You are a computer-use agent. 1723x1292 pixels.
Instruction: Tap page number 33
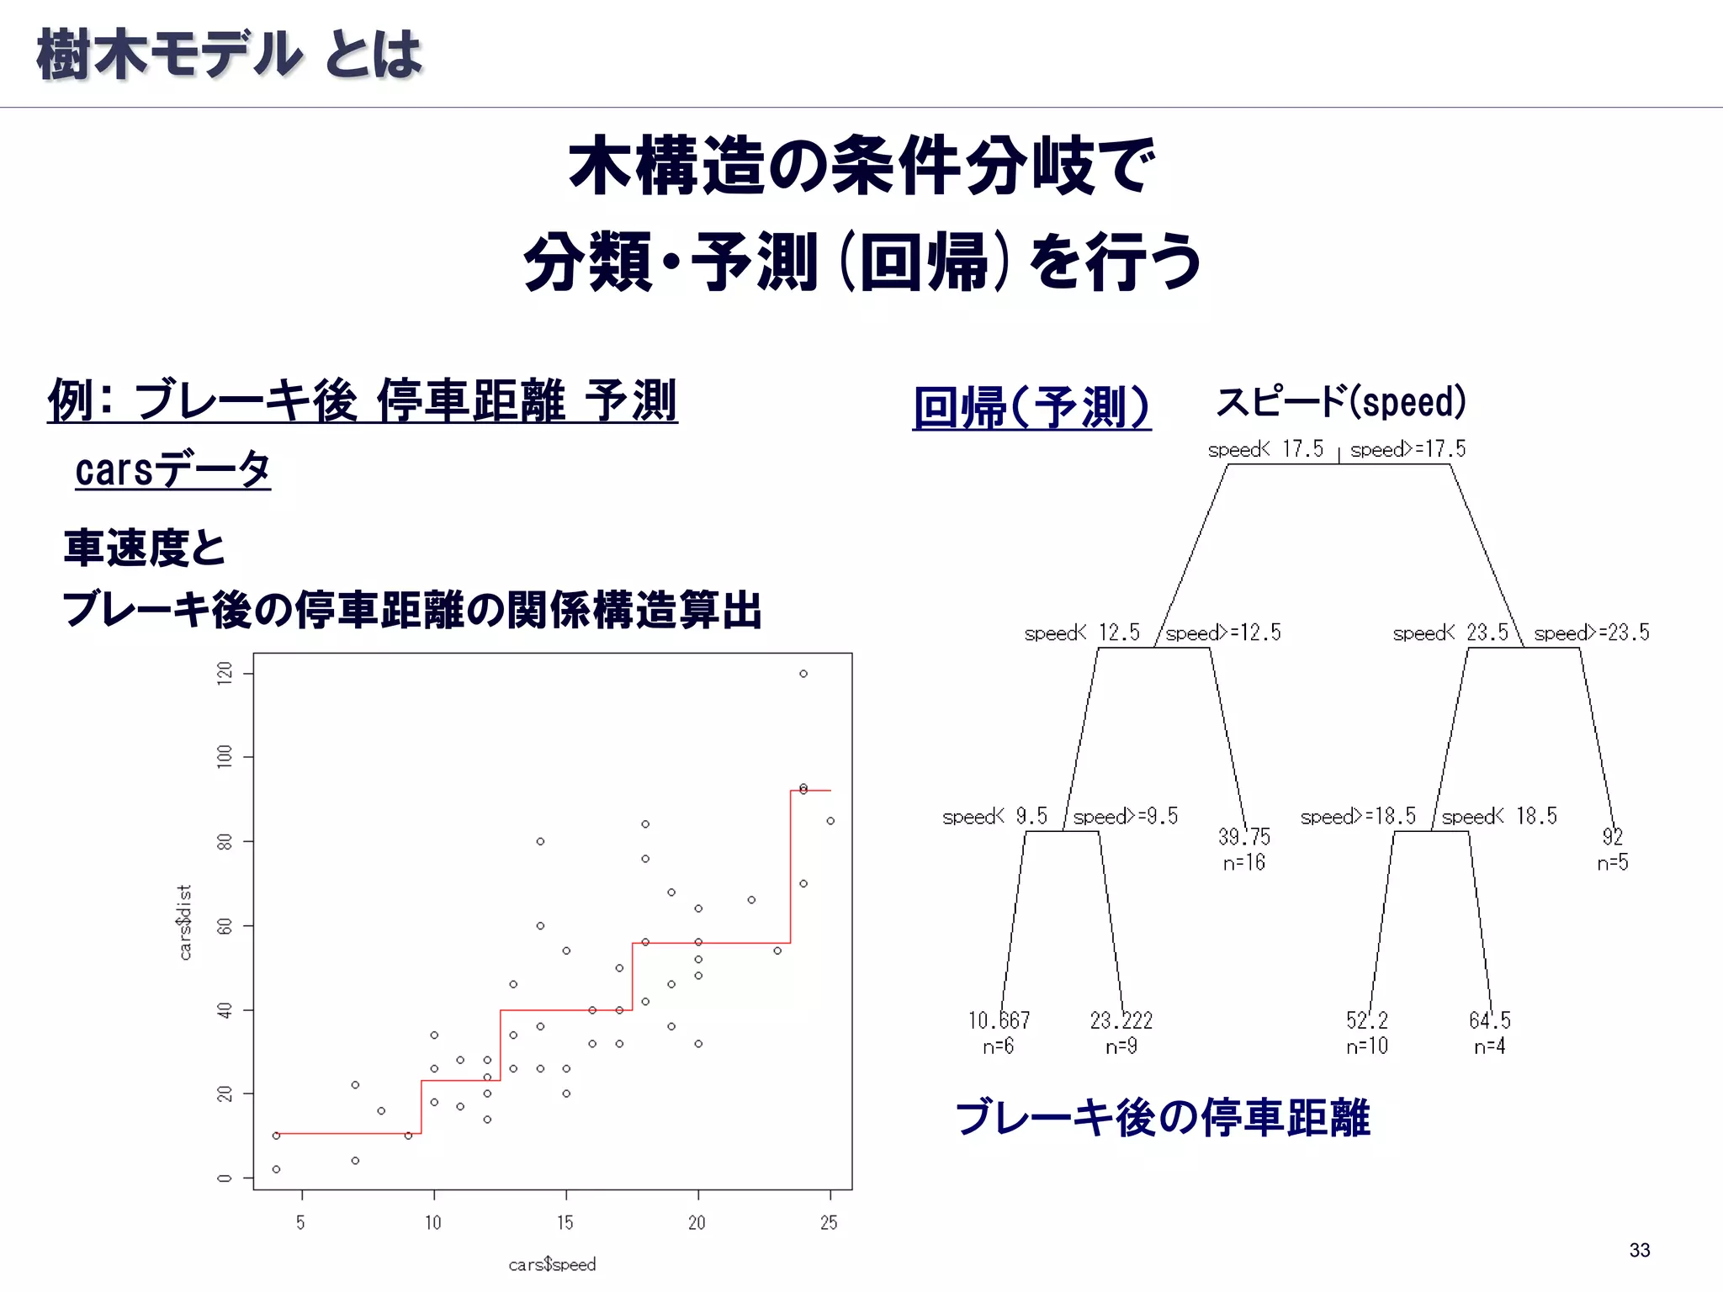coord(1640,1250)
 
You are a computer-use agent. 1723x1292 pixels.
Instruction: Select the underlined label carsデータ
coord(172,469)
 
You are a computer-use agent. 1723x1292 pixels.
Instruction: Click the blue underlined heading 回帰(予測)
coord(1031,407)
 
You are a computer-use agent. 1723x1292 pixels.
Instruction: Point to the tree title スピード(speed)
coord(1341,401)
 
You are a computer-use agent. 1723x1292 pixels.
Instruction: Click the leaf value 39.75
coord(1244,836)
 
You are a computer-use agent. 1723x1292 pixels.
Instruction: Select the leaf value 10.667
coord(999,1020)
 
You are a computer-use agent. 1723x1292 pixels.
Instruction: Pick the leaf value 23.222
coord(1121,1020)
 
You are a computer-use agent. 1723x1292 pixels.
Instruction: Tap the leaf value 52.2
coord(1366,1020)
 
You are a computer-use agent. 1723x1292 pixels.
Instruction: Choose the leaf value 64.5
coord(1489,1020)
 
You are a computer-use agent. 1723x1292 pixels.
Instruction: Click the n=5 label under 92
coord(1612,862)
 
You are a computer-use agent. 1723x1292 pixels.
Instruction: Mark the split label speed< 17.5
coord(1265,449)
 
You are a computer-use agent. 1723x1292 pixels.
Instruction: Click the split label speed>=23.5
coord(1592,633)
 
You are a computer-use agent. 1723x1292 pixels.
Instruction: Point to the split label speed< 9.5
coord(994,816)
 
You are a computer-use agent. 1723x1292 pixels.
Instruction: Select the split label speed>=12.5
coord(1223,633)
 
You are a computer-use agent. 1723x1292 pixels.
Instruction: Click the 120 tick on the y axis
coord(225,673)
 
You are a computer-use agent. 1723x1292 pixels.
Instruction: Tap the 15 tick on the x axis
coord(565,1222)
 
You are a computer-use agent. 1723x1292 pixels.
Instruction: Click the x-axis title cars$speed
coord(552,1264)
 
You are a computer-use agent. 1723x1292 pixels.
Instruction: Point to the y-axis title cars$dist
coord(185,922)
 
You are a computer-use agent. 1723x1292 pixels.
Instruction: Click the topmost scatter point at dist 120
coord(803,674)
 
